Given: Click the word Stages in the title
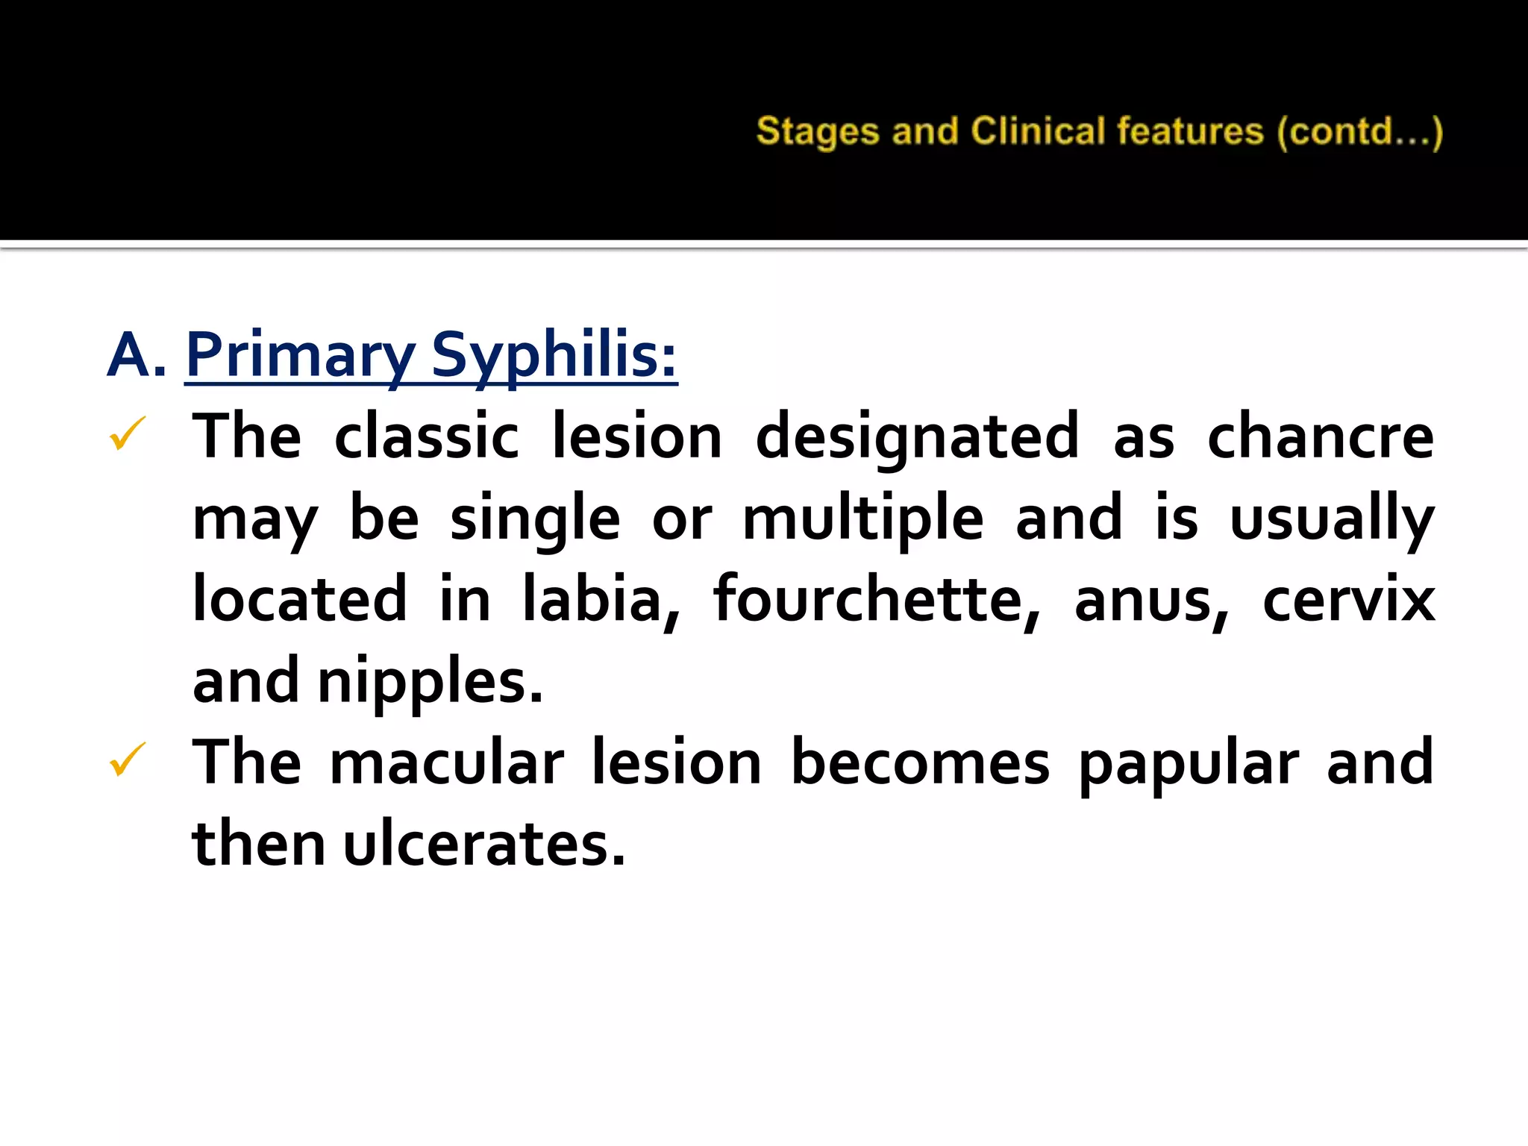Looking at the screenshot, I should point(818,132).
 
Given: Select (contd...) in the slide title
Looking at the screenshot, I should point(1360,133).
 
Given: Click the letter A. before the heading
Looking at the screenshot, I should point(136,355).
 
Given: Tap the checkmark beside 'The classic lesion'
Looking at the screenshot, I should point(128,433).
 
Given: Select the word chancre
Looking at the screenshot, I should point(1320,437).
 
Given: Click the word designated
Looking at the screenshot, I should point(917,437).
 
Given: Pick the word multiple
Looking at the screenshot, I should point(863,519).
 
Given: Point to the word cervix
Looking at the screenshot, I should point(1348,601).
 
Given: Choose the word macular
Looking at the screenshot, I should point(446,763).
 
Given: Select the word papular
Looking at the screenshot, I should point(1189,765).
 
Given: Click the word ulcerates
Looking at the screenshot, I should point(483,845).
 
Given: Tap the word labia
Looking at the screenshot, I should point(601,600).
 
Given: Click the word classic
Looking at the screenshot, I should point(426,437).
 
